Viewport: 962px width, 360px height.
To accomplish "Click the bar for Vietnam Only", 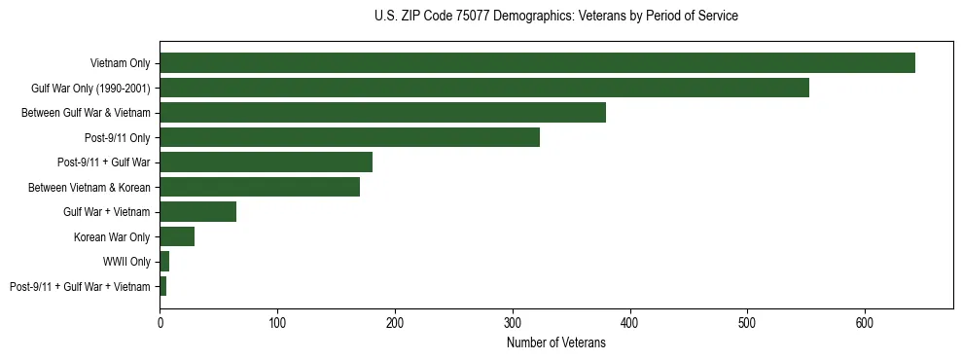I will (537, 63).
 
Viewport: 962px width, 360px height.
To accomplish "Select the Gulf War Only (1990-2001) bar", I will (484, 88).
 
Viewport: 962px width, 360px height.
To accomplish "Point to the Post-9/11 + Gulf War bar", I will (266, 162).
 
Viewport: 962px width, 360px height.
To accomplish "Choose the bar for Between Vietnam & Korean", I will (260, 187).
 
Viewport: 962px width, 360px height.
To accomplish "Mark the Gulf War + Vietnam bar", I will (198, 212).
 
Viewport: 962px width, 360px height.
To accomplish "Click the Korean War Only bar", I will (177, 236).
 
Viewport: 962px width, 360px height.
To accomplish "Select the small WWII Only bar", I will (164, 262).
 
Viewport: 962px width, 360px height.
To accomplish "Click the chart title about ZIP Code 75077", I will (555, 17).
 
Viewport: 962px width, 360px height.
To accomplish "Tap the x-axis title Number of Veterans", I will (555, 342).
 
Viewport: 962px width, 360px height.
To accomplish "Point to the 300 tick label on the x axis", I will (513, 322).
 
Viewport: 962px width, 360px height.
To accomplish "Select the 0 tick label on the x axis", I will (160, 322).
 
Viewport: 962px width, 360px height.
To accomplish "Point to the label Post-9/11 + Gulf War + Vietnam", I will (80, 286).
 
